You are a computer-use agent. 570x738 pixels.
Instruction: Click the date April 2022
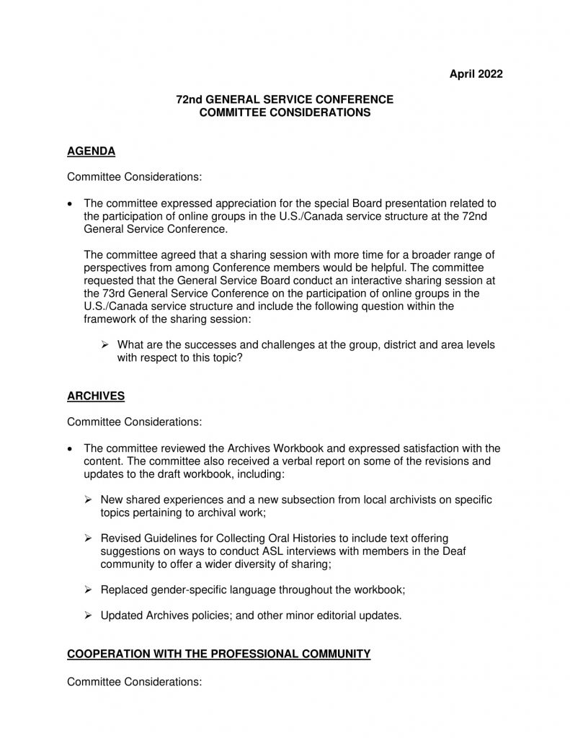476,73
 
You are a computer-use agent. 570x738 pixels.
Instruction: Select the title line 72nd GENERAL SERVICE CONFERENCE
285,99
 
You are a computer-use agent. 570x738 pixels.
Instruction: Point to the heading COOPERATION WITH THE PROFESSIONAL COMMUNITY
218,654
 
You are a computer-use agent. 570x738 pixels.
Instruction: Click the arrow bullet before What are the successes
105,344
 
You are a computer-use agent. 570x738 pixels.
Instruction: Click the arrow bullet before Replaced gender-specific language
89,590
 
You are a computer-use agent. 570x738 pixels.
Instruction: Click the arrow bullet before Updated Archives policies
89,615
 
